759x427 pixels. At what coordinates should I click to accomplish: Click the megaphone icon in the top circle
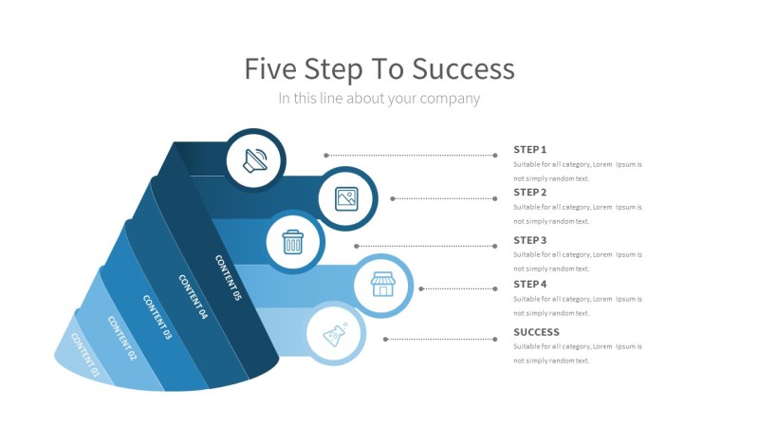point(255,159)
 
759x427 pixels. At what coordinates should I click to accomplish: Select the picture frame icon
point(346,198)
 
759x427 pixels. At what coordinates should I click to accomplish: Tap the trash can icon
point(293,242)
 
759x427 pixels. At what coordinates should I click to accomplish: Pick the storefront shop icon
point(382,284)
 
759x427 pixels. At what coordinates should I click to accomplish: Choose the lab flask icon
point(335,334)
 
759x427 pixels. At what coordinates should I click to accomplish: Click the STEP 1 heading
point(530,150)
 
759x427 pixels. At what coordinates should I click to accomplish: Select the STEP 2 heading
point(530,193)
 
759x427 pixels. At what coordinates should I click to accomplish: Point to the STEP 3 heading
point(530,241)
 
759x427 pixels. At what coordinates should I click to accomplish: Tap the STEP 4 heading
point(530,285)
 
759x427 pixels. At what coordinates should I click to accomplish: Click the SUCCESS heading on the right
point(536,332)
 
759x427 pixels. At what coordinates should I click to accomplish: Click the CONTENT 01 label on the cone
point(85,356)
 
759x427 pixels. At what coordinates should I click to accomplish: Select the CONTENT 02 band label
point(122,339)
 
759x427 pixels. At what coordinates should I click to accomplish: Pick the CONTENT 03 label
point(157,318)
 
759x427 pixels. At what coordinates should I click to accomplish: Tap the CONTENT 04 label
point(193,297)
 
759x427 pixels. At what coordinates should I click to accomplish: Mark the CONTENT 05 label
point(228,278)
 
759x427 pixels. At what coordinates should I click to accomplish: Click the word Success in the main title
point(465,69)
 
